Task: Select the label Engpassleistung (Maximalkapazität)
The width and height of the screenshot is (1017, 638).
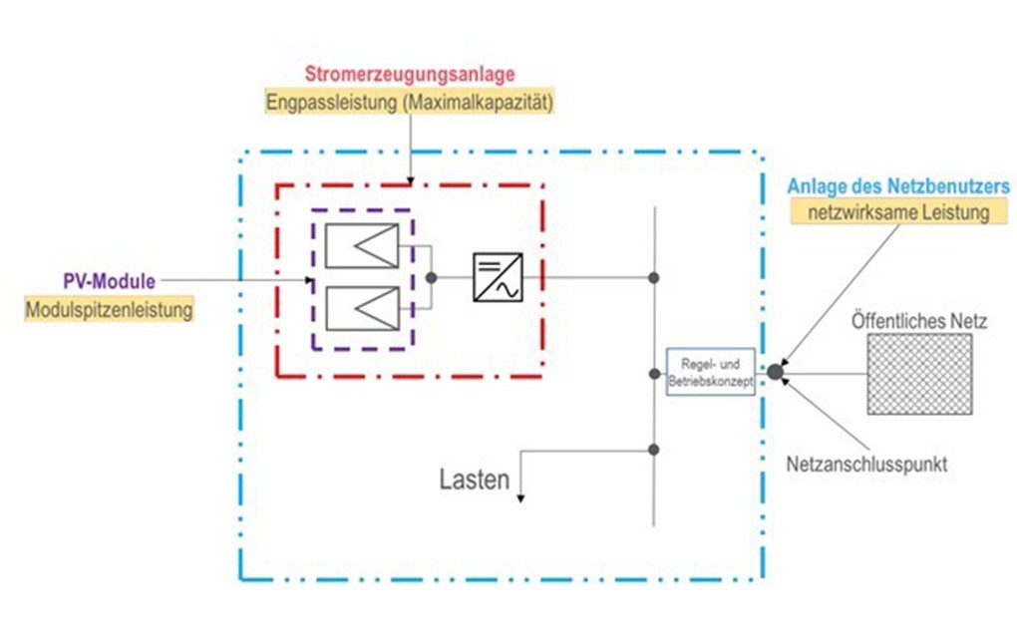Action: (x=409, y=101)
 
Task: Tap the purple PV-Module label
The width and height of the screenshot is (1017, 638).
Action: (x=107, y=281)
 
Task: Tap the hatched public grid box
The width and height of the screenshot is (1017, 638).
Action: (x=919, y=374)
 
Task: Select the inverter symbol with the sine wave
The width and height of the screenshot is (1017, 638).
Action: (x=496, y=277)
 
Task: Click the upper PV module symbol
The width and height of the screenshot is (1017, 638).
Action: (x=361, y=246)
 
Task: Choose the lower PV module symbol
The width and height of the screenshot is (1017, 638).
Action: (x=361, y=309)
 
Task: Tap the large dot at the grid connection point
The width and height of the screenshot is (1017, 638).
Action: (x=775, y=372)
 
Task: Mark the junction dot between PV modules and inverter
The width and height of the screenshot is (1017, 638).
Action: (x=431, y=277)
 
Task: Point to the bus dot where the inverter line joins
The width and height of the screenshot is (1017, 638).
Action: (x=653, y=277)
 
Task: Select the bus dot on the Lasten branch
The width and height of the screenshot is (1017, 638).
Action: (x=653, y=450)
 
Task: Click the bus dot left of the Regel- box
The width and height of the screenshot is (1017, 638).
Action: (x=653, y=373)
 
